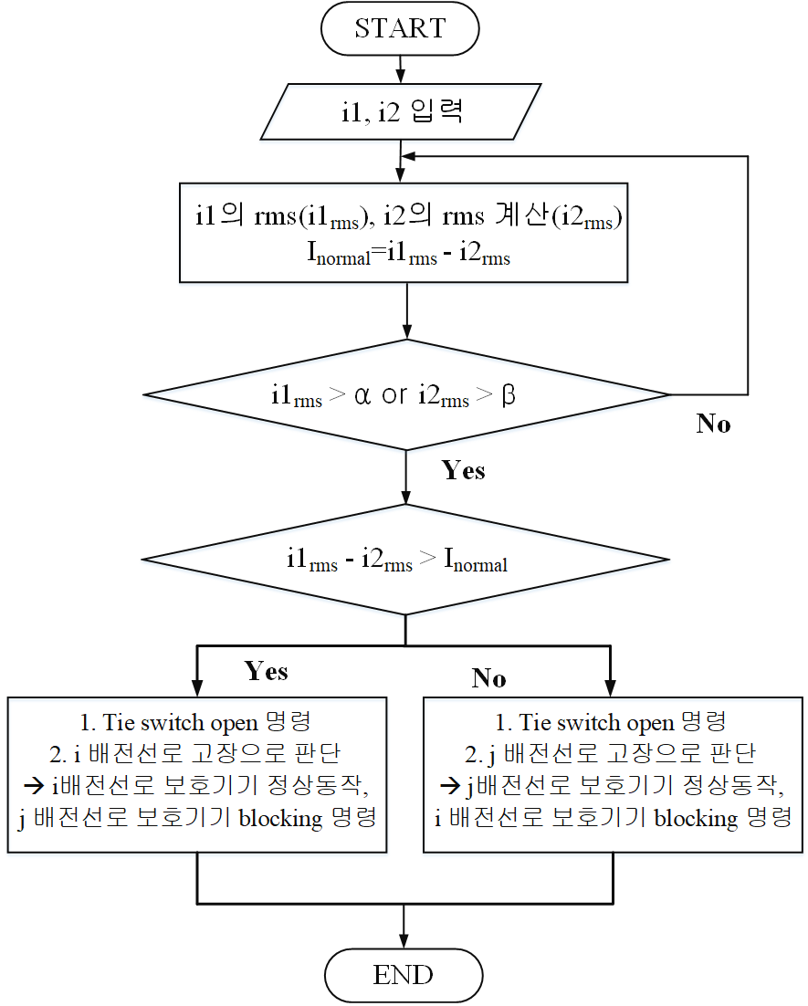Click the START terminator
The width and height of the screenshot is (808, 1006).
[400, 28]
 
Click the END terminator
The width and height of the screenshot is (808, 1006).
[403, 975]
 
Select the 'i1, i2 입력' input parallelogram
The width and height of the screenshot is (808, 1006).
[401, 111]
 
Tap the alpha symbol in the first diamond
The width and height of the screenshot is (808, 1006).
[362, 395]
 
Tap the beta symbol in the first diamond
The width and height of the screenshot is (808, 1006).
[509, 394]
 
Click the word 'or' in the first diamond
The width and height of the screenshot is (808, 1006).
[394, 395]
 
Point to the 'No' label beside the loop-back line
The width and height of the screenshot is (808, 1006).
[713, 424]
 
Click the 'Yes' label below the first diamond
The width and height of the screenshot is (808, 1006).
[463, 470]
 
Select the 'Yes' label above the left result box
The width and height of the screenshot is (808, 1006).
[266, 671]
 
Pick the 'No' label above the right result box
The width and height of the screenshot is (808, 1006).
[488, 678]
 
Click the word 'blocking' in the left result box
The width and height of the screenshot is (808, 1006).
[281, 819]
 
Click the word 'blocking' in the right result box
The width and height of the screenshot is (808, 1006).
[697, 819]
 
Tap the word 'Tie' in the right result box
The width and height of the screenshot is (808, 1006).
[532, 723]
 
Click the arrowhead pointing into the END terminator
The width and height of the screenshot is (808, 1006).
[403, 941]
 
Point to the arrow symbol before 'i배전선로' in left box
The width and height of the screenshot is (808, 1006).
[34, 786]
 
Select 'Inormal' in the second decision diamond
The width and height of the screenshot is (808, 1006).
[476, 561]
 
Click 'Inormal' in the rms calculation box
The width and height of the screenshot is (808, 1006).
[339, 254]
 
